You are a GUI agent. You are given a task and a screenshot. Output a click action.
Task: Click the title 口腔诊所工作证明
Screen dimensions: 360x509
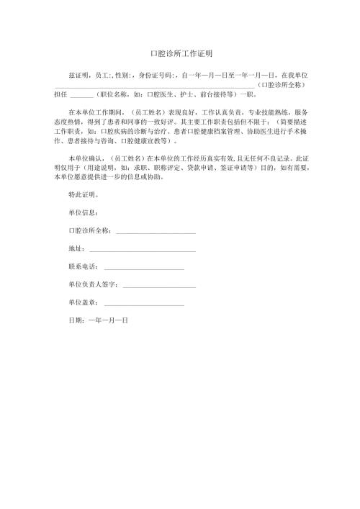coord(180,53)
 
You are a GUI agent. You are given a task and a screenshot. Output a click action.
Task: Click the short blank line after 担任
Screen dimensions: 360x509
coord(82,94)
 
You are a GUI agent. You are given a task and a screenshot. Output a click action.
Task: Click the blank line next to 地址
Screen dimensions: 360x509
coord(141,250)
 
